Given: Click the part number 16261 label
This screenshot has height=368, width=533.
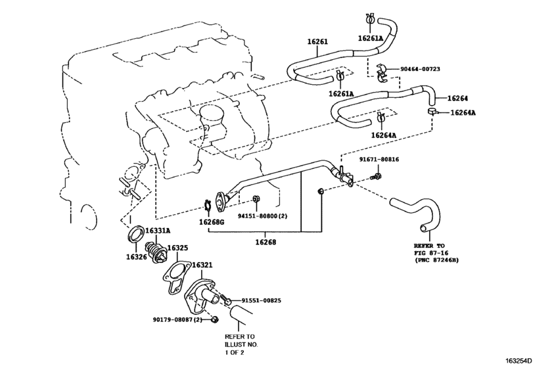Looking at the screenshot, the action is [317, 42].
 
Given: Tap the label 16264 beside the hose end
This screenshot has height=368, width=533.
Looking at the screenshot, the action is [457, 98].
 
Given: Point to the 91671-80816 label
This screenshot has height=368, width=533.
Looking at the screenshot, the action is [379, 159].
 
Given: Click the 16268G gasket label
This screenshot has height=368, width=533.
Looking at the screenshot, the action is [212, 222].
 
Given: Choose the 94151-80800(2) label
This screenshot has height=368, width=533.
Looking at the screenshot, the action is [262, 216].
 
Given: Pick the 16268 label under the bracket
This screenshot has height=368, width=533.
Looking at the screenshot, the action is [266, 242].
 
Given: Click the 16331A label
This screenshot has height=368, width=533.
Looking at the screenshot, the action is [158, 231].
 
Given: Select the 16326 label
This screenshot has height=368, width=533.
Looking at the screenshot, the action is [136, 257].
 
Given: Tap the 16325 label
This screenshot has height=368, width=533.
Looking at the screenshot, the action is [177, 248].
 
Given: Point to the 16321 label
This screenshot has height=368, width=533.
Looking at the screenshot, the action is [202, 265].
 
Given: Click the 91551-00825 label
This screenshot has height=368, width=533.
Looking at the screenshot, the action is [262, 300].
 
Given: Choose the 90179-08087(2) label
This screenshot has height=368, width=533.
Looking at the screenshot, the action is [177, 320].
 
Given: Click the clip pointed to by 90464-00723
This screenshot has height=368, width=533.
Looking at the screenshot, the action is [382, 73].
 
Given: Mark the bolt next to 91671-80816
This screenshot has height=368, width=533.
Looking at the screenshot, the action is [376, 177].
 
